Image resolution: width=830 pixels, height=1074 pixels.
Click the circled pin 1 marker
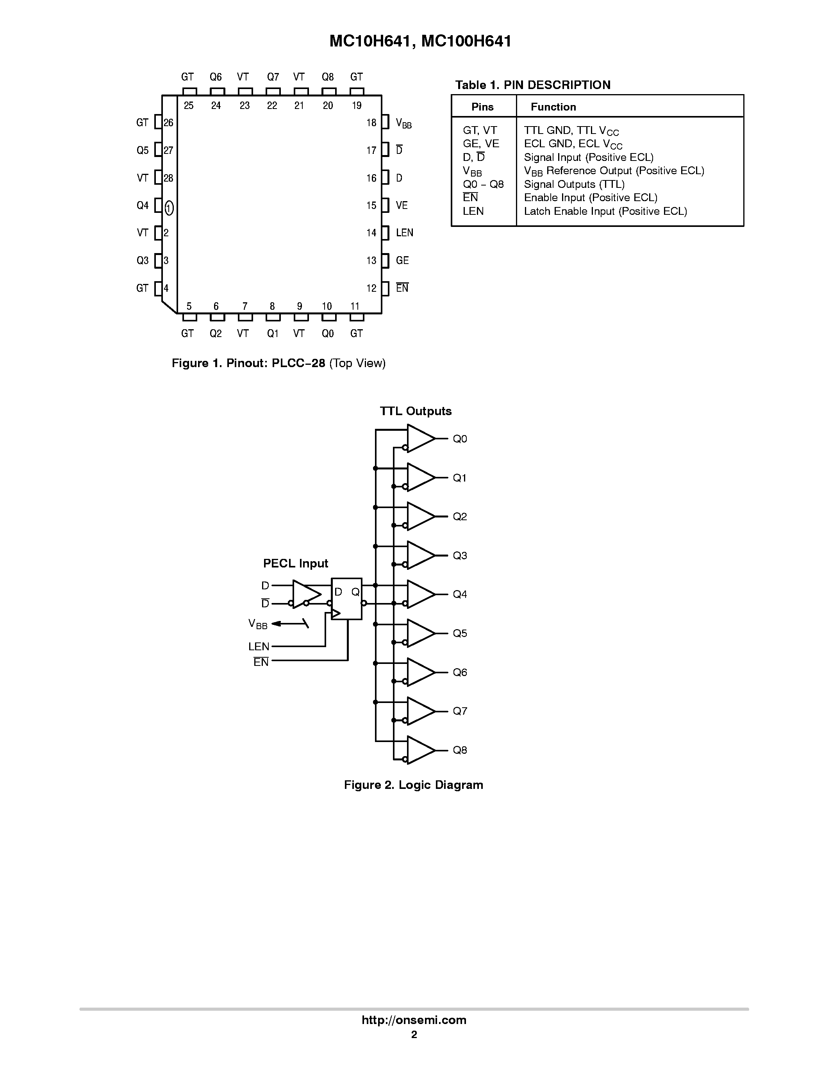pos(169,208)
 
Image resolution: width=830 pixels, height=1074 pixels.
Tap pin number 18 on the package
pos(371,123)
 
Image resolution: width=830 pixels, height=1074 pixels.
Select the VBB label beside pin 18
pos(403,123)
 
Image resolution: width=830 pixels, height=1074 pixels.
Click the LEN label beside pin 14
pos(404,233)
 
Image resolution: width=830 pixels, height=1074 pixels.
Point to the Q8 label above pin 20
pos(327,77)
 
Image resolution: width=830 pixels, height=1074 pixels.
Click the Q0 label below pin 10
pos(327,334)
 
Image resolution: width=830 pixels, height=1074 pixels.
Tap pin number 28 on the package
pos(168,178)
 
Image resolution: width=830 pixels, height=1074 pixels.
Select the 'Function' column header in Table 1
pos(553,107)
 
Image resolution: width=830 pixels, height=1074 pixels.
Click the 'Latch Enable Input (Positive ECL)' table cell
pos(605,211)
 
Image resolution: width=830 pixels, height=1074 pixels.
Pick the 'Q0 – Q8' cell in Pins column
pos(483,184)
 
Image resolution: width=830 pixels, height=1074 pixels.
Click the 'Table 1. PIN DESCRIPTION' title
pos(532,85)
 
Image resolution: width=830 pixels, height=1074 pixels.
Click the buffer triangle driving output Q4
pos(420,594)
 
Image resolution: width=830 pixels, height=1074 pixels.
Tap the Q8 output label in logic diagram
pos(460,750)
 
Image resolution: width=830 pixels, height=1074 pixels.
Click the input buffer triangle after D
pos(305,594)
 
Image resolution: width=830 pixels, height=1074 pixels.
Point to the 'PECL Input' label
pos(296,563)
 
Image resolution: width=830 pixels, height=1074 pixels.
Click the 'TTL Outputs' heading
pos(416,411)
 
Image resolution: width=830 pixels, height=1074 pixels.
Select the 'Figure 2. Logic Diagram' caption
pos(413,785)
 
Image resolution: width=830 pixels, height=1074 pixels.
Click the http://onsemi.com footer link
pos(414,1020)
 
